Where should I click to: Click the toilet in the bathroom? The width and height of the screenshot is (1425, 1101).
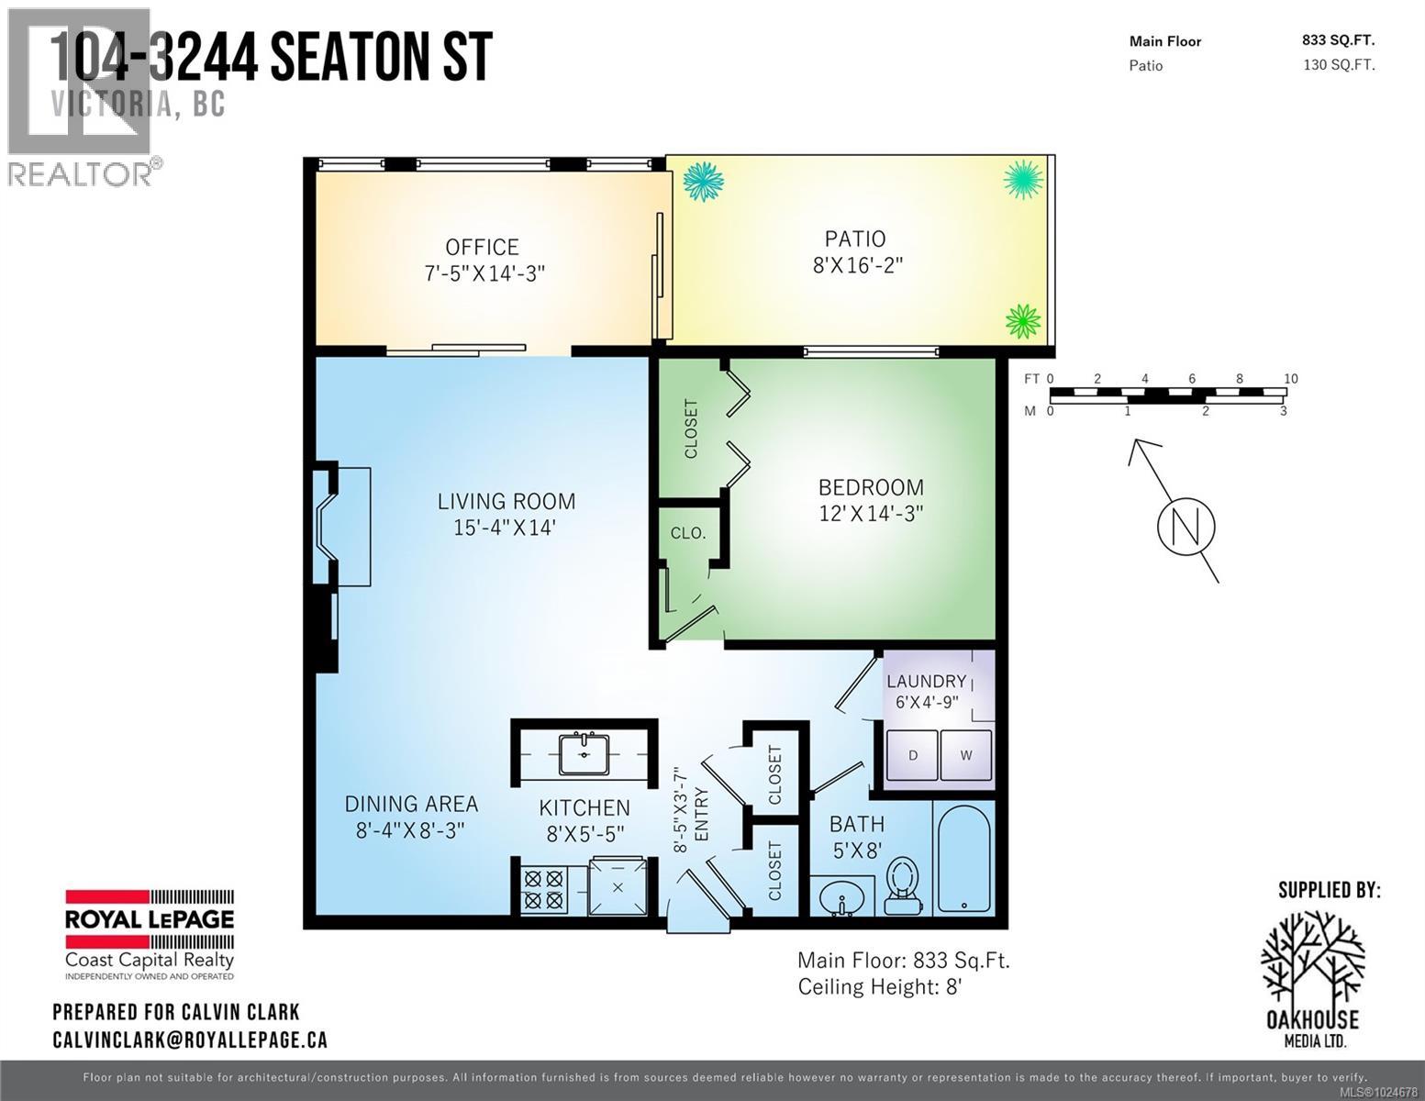[x=904, y=884]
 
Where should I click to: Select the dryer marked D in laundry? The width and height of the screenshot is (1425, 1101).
[x=912, y=756]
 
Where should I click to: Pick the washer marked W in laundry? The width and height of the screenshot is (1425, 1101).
[x=966, y=756]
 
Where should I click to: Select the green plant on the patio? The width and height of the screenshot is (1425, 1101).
[x=1023, y=321]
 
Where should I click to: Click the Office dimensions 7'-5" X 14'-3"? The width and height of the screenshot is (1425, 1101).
[x=483, y=273]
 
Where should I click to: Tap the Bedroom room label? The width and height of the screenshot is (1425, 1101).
[x=870, y=487]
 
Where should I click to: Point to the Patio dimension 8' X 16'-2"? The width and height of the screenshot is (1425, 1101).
[x=855, y=265]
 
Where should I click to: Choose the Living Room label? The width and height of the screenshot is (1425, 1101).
[x=506, y=501]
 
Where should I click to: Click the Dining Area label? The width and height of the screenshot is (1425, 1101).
[x=411, y=804]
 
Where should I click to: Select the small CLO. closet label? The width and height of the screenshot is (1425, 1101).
[x=687, y=532]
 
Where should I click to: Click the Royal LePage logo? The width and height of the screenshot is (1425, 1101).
[x=149, y=934]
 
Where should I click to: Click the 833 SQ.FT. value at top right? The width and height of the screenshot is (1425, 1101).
[x=1338, y=39]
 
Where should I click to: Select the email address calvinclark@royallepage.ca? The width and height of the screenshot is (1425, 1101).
[x=190, y=1040]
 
